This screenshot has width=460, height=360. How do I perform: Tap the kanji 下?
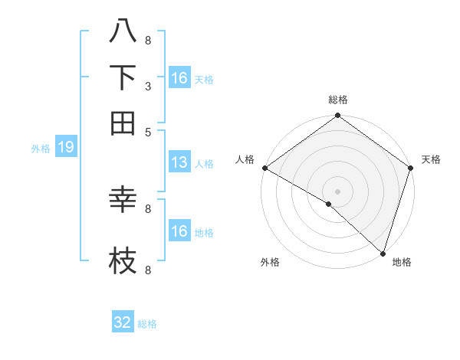pyautogui.click(x=123, y=78)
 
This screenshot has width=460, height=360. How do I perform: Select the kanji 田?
pyautogui.click(x=123, y=123)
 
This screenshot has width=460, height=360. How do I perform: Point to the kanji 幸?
pyautogui.click(x=123, y=201)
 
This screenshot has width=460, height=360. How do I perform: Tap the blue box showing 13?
pyautogui.click(x=179, y=162)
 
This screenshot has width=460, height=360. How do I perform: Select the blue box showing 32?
pyautogui.click(x=123, y=322)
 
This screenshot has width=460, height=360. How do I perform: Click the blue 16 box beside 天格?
pyautogui.click(x=179, y=78)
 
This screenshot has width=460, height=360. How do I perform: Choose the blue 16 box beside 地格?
pyautogui.click(x=179, y=231)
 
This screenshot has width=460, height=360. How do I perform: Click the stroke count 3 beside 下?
pyautogui.click(x=147, y=87)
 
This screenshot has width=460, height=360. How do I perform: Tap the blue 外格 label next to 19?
pyautogui.click(x=40, y=149)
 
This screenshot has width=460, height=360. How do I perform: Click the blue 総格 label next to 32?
pyautogui.click(x=147, y=324)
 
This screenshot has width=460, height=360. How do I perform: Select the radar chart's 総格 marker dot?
pyautogui.click(x=337, y=116)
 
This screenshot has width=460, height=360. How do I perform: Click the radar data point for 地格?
pyautogui.click(x=383, y=253)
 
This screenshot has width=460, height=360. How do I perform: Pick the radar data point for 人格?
pyautogui.click(x=264, y=168)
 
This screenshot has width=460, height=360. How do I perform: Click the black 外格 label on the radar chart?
pyautogui.click(x=270, y=262)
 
